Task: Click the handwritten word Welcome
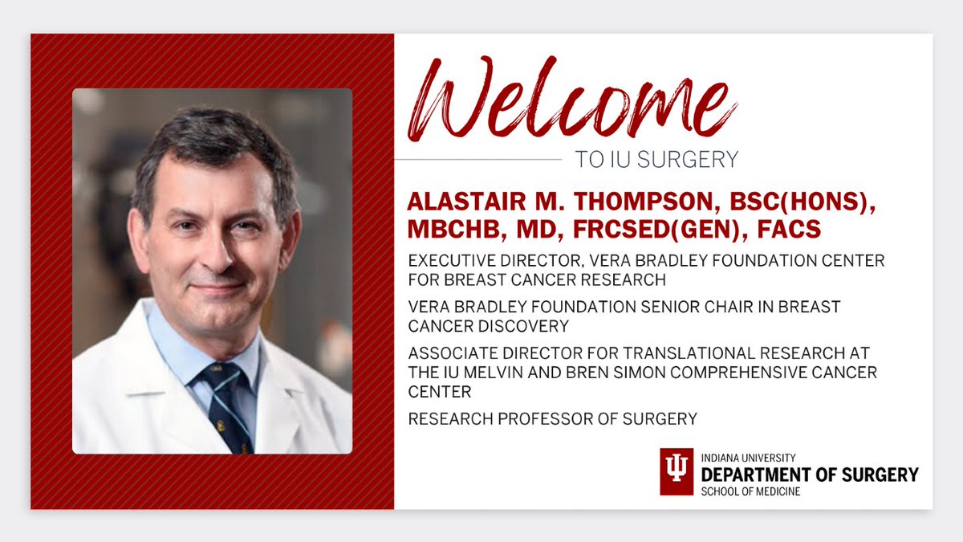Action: point(571,99)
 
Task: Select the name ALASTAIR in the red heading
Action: point(466,202)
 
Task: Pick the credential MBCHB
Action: point(456,230)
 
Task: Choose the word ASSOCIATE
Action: point(452,353)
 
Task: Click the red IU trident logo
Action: point(677,471)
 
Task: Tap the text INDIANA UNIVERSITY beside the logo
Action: point(748,458)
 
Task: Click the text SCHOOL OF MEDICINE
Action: point(750,491)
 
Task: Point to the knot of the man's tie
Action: point(221,377)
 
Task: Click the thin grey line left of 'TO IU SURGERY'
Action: point(478,160)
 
